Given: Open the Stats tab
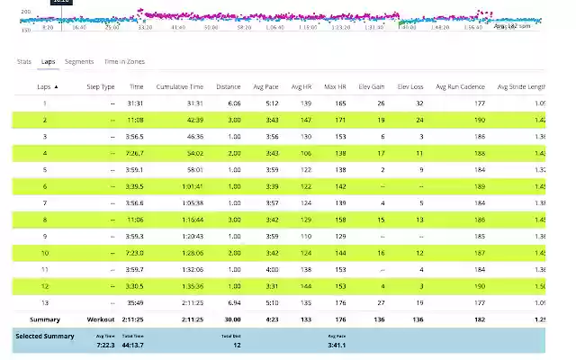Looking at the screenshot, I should tap(24, 61).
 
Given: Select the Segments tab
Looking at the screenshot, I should tap(79, 61).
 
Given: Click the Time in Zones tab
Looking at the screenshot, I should tap(124, 61).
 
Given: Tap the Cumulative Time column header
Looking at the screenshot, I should tap(180, 87).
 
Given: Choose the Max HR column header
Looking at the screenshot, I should tap(335, 87).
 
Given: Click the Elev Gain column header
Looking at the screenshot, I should tap(372, 87).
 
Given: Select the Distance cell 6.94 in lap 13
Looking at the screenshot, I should tap(234, 302).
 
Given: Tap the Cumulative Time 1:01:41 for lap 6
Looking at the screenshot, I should tap(192, 185).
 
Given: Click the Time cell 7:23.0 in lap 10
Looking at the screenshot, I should tap(133, 253).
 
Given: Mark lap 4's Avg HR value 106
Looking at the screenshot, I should tap(306, 152).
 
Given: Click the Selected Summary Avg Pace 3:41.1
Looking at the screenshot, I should tap(337, 344).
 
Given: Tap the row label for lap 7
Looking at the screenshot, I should tap(45, 202).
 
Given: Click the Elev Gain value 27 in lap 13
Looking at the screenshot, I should tap(381, 302).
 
